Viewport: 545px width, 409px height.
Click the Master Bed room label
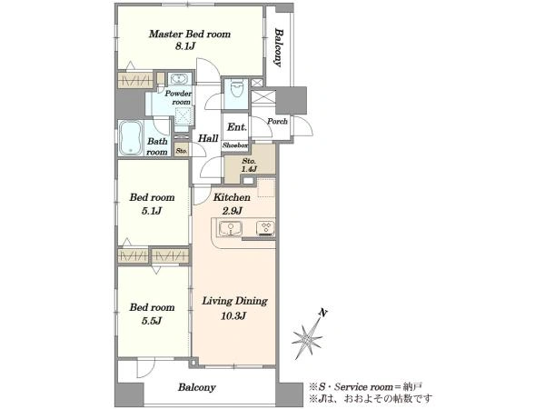pyautogui.click(x=190, y=35)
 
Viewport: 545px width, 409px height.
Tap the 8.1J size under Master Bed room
pyautogui.click(x=185, y=46)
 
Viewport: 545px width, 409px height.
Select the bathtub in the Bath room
pyautogui.click(x=131, y=138)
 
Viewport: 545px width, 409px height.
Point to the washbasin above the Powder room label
pyautogui.click(x=179, y=79)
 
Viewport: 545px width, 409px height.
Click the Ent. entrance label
pyautogui.click(x=237, y=127)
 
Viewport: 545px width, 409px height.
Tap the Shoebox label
pyautogui.click(x=235, y=145)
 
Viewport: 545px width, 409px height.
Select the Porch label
pyautogui.click(x=277, y=122)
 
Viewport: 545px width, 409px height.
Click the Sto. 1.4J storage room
pyautogui.click(x=250, y=165)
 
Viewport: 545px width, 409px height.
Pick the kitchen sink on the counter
pyautogui.click(x=231, y=229)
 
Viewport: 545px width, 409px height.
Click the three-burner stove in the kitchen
pyautogui.click(x=266, y=228)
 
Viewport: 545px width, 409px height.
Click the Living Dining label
pyautogui.click(x=235, y=301)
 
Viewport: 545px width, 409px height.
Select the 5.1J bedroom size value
pyautogui.click(x=152, y=211)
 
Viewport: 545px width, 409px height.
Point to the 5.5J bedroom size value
pyautogui.click(x=152, y=321)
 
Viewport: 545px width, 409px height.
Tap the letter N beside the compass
pyautogui.click(x=323, y=314)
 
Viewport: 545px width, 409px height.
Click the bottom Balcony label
pyautogui.click(x=197, y=387)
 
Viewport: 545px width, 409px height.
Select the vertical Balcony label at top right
pyautogui.click(x=279, y=47)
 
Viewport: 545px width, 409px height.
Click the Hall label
pyautogui.click(x=208, y=138)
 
